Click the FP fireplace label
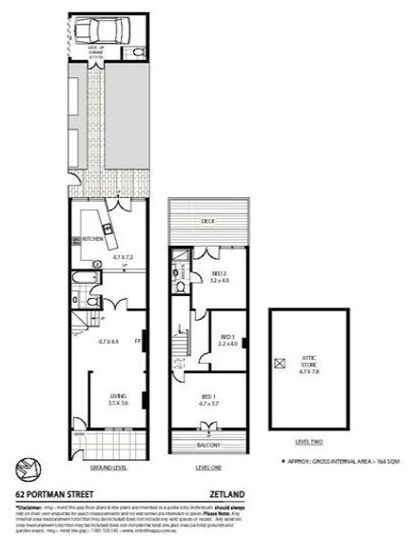point(139,339)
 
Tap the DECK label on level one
point(206,221)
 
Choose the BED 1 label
point(208,399)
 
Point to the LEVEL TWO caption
point(309,442)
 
